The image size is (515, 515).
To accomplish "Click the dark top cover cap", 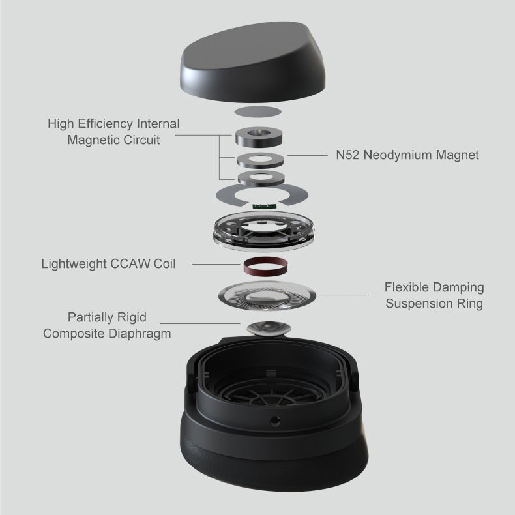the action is click(x=252, y=63).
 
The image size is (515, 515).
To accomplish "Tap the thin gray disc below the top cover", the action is click(x=258, y=111).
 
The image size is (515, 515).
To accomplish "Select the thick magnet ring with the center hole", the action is click(x=259, y=137).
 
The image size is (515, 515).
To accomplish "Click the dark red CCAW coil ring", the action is click(x=265, y=267).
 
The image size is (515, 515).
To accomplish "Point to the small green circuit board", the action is click(x=264, y=206).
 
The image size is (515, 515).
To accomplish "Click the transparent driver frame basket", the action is click(x=264, y=231).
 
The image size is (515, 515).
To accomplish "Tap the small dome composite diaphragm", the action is click(x=269, y=329).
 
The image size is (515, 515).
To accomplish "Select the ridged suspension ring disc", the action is click(x=267, y=296).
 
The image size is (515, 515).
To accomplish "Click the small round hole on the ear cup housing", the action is click(x=274, y=420).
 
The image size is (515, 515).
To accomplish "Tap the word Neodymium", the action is click(x=398, y=155).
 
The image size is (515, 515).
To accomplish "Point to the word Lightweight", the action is click(x=74, y=264).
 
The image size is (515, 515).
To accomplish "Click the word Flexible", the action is click(x=407, y=287).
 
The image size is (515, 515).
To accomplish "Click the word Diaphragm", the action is click(x=140, y=334).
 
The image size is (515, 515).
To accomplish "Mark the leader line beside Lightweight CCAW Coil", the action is click(x=216, y=264).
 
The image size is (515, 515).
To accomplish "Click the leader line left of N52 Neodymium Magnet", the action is click(x=308, y=155).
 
